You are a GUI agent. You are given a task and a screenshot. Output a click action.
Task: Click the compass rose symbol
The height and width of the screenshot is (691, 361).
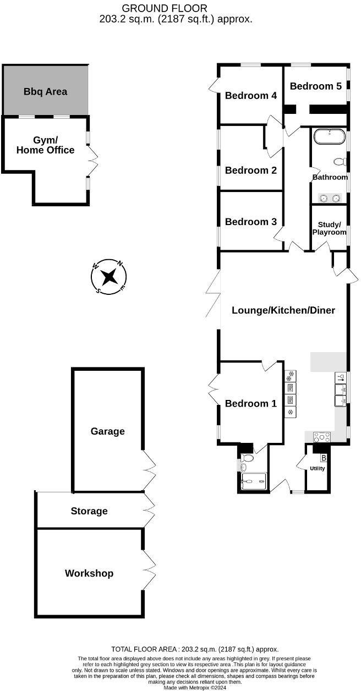(109, 276)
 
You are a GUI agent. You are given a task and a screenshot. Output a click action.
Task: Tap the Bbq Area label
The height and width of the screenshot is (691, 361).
(45, 91)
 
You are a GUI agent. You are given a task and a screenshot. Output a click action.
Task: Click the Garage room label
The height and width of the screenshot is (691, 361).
(107, 431)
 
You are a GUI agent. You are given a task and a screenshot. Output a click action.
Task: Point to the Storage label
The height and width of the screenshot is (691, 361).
(89, 511)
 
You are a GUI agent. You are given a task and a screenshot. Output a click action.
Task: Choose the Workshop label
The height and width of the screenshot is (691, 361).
(89, 573)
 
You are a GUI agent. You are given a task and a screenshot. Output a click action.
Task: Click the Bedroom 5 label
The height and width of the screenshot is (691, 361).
(315, 86)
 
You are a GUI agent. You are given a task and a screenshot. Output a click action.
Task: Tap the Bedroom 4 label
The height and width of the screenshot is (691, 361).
(251, 95)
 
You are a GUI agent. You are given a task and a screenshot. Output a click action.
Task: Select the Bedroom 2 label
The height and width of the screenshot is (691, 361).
(251, 170)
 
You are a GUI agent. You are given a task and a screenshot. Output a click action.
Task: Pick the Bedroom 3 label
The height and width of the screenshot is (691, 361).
(251, 222)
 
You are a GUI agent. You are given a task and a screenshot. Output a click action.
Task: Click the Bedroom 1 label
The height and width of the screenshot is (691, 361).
(251, 403)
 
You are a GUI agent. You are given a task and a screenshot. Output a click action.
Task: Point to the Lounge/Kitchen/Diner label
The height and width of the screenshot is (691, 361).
(283, 310)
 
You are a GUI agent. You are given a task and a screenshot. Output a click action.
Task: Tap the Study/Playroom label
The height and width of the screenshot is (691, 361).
(330, 228)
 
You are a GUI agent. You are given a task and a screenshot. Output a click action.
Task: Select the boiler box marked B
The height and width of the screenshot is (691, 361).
(324, 458)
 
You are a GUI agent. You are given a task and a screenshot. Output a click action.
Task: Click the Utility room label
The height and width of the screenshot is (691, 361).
(318, 469)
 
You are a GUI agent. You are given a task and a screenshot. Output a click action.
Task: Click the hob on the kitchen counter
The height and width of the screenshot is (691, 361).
(321, 437)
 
